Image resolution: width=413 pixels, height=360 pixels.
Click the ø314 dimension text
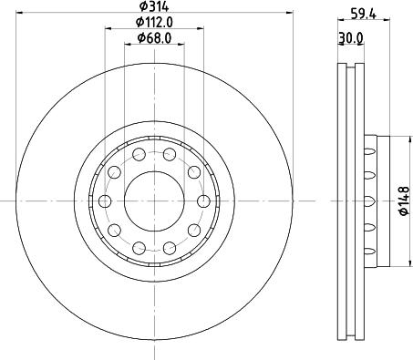(153, 7)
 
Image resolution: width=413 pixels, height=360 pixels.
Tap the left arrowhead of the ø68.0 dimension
(126, 45)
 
